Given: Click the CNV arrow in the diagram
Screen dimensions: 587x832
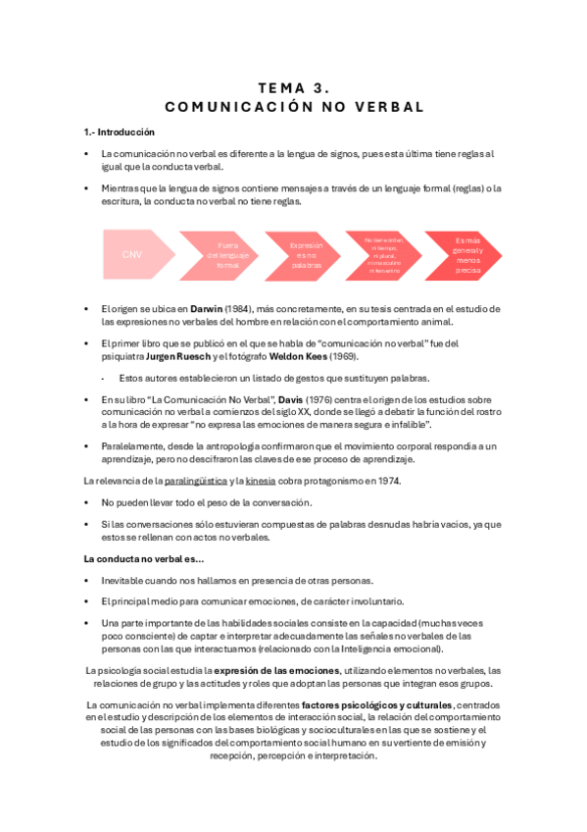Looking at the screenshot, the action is click(132, 255).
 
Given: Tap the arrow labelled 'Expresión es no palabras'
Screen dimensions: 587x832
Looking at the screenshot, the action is click(306, 255).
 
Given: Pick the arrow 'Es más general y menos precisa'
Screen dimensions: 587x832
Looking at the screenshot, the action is click(466, 255).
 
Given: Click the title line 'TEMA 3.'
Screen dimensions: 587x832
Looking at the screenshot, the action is click(294, 87).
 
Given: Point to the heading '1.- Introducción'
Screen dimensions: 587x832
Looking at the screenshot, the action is click(119, 131).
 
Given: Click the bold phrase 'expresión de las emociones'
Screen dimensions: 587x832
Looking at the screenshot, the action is click(275, 670).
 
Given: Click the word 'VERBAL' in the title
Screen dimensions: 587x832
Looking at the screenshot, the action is click(383, 106).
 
